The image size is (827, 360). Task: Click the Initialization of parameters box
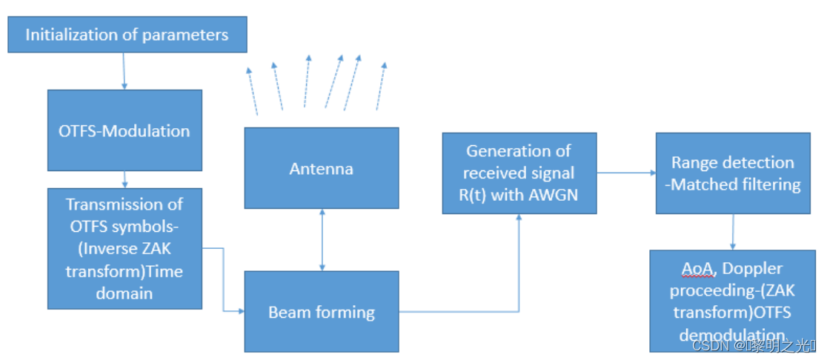click(127, 35)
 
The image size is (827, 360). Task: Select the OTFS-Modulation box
click(124, 130)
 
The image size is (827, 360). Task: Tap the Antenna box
click(321, 168)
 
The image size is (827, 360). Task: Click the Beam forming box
click(321, 311)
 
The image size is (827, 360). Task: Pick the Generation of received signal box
click(519, 173)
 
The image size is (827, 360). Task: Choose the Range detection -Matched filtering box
click(733, 173)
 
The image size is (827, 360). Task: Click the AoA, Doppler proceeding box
click(733, 300)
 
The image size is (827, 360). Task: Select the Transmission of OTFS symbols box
click(124, 248)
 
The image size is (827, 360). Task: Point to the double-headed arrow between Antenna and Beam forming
click(321, 240)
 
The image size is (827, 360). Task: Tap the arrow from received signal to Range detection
click(625, 173)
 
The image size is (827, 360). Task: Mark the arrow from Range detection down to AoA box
click(733, 232)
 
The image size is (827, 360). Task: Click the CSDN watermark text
click(755, 346)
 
